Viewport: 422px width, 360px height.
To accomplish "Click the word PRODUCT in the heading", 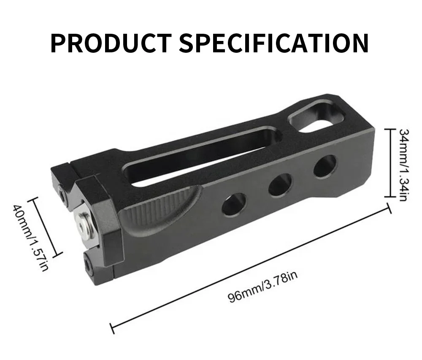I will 111,42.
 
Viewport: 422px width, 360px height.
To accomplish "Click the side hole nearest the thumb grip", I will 234,205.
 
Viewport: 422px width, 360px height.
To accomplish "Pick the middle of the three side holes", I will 280,184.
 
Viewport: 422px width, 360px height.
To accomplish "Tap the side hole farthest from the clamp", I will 325,166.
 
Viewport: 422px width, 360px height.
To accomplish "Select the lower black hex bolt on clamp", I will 90,264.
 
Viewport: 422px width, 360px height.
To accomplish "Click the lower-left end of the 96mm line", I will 112,328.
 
